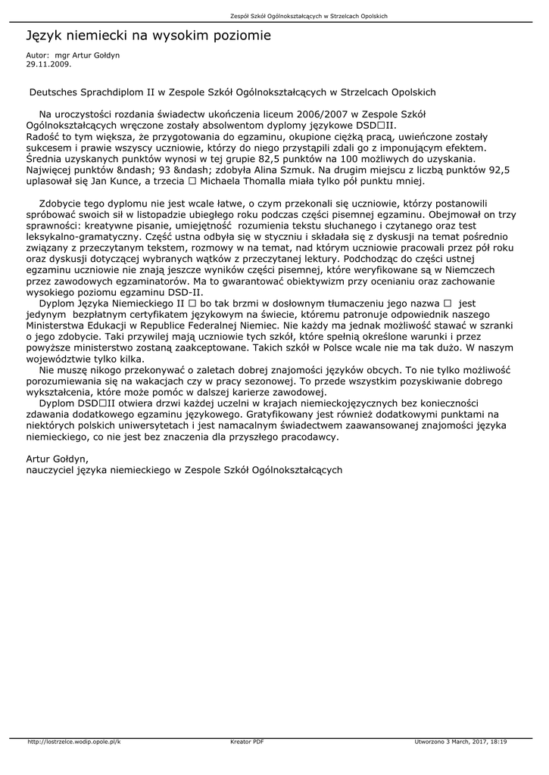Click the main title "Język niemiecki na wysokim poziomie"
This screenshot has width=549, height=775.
pyautogui.click(x=148, y=36)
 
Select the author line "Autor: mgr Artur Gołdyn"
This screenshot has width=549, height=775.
pyautogui.click(x=73, y=56)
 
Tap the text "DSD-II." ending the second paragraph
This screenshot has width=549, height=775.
pyautogui.click(x=185, y=292)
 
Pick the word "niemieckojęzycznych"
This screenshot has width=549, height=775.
pyautogui.click(x=341, y=403)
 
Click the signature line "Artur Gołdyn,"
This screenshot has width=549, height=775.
pyautogui.click(x=58, y=459)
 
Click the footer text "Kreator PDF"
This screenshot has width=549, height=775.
pyautogui.click(x=247, y=742)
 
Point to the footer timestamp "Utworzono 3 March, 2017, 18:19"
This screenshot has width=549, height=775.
pyautogui.click(x=460, y=742)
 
